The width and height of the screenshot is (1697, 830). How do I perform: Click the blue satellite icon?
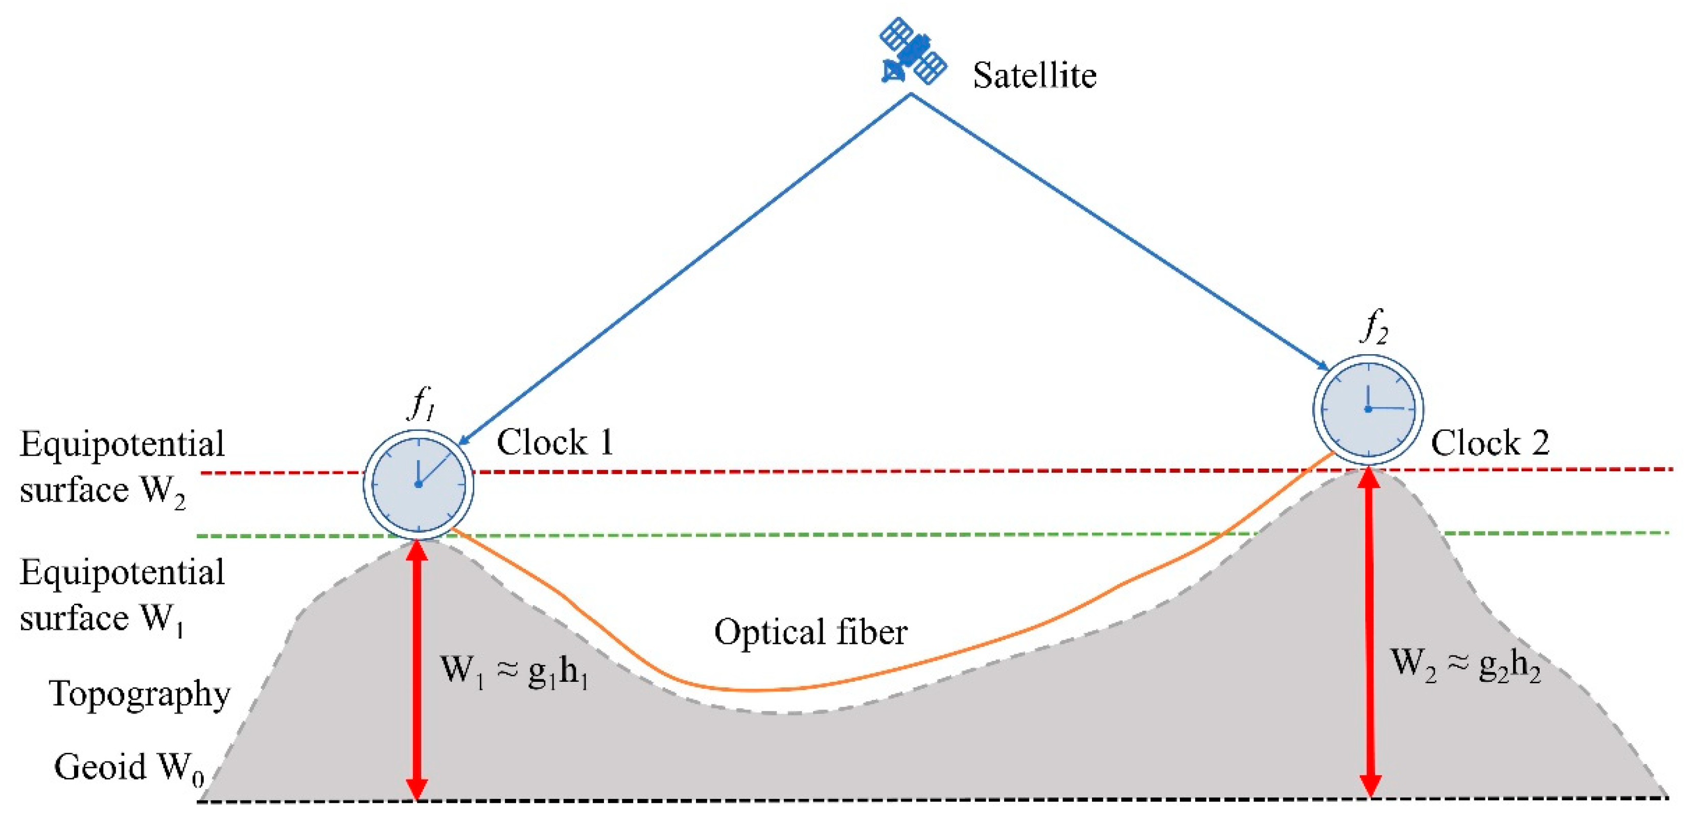[x=913, y=52]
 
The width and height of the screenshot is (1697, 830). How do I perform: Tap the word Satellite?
[x=1034, y=75]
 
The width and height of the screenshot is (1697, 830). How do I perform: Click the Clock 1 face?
[x=419, y=484]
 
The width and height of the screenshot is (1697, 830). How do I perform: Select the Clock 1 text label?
[x=555, y=442]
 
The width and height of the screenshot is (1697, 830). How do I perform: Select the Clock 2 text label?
[x=1490, y=443]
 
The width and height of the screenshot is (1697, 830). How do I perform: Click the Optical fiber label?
[x=810, y=632]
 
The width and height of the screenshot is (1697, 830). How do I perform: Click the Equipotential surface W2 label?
[x=122, y=467]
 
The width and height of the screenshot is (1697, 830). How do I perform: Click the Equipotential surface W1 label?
[x=122, y=595]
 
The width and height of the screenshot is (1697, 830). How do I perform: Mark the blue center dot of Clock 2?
[x=1367, y=409]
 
